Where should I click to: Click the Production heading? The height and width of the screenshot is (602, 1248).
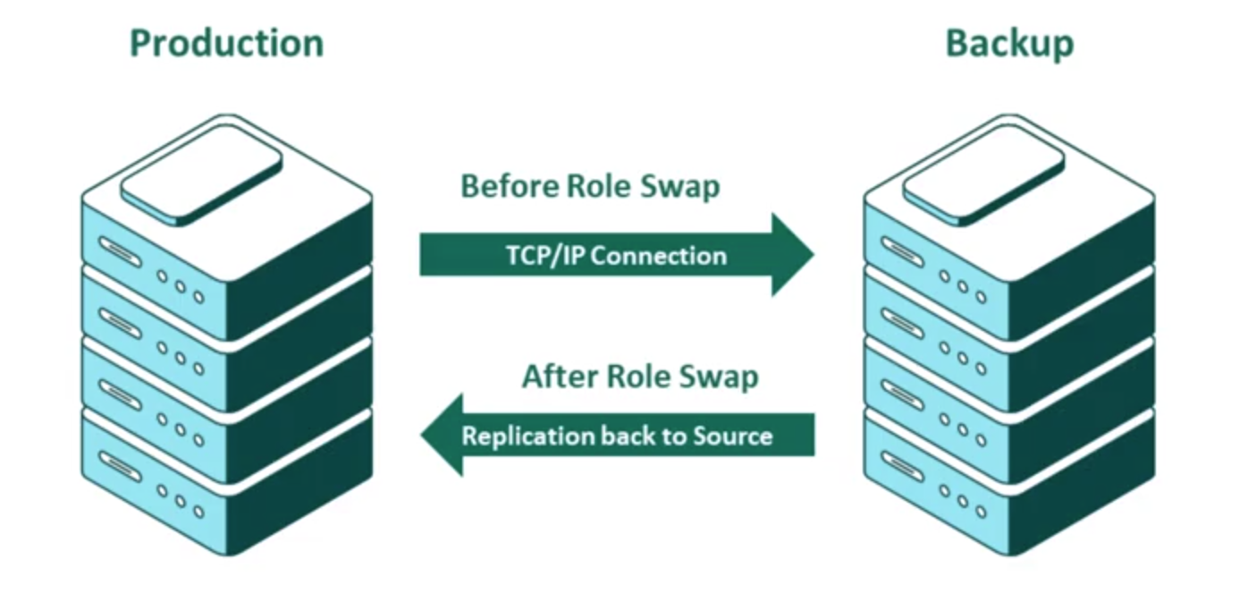click(x=226, y=43)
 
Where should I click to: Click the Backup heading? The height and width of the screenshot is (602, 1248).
click(x=1009, y=43)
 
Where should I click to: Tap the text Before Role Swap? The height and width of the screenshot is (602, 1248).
click(x=589, y=186)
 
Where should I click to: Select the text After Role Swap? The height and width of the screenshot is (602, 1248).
click(x=640, y=376)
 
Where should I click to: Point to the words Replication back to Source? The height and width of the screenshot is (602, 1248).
click(x=617, y=436)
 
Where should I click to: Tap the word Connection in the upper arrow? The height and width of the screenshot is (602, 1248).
click(x=659, y=256)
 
